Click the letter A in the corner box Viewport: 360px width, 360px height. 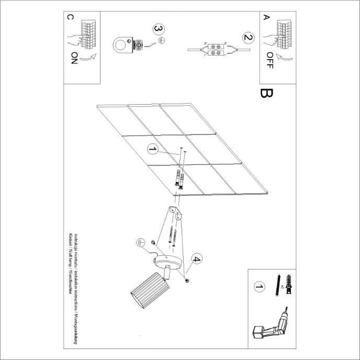[266, 17]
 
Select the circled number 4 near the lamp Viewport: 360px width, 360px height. [196, 259]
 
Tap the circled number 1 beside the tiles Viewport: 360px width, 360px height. [152, 150]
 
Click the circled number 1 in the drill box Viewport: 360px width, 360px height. [257, 287]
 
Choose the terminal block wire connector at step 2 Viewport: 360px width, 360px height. [215, 50]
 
